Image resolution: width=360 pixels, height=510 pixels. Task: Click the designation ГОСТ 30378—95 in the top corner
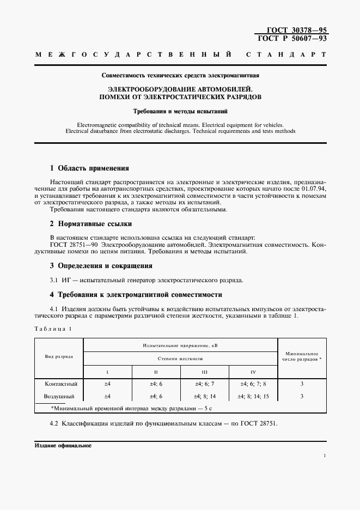(x=292, y=31)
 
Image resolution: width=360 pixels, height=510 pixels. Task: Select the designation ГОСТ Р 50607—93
(x=292, y=39)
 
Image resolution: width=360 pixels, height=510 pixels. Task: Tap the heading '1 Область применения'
(x=89, y=168)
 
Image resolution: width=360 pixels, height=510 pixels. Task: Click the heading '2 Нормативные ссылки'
(x=91, y=224)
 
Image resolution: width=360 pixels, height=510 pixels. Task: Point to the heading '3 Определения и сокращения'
(x=101, y=266)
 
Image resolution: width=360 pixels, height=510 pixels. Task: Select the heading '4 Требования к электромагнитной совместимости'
(x=136, y=295)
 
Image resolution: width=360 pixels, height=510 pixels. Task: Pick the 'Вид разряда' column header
(x=59, y=356)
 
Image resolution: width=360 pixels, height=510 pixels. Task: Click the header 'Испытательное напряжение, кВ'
(x=180, y=345)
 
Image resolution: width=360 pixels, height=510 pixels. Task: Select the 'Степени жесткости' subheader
(x=180, y=359)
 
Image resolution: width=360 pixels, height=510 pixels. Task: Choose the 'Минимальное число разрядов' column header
(x=301, y=356)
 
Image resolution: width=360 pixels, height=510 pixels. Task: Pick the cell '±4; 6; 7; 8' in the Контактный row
(x=253, y=384)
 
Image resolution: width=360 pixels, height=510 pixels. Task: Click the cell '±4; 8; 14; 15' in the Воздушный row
(x=253, y=396)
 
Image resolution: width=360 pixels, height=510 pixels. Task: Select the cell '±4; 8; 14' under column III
(x=205, y=396)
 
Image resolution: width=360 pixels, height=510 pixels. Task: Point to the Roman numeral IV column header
(x=253, y=372)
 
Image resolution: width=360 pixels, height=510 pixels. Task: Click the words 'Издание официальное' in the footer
(x=63, y=445)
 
